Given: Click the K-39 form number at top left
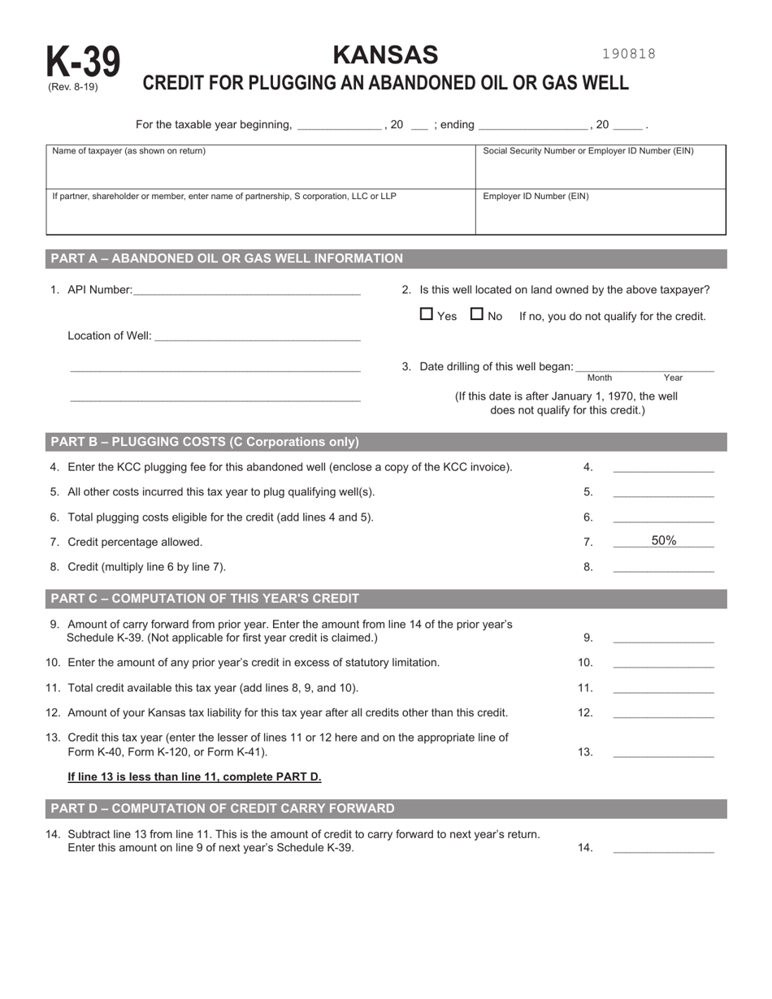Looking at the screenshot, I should (82, 63).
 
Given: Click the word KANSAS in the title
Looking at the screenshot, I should (385, 54).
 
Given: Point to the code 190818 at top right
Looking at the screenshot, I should (628, 54).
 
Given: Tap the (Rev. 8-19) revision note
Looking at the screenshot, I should (72, 87).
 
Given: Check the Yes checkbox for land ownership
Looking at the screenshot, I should (427, 314).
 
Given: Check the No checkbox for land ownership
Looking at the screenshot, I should (477, 314).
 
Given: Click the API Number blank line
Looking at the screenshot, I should (246, 291).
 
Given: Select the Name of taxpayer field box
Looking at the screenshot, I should (260, 167).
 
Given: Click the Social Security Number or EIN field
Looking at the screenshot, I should (600, 167).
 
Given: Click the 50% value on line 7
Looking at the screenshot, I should (663, 541).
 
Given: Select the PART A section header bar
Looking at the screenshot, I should (386, 258).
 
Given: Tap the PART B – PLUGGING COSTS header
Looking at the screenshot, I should (386, 442).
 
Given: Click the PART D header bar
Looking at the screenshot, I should (386, 808).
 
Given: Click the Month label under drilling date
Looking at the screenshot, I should (599, 378).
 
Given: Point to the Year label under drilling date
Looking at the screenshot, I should (673, 378).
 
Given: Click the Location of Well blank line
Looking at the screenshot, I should (256, 336).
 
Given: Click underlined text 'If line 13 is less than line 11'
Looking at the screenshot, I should (194, 776).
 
